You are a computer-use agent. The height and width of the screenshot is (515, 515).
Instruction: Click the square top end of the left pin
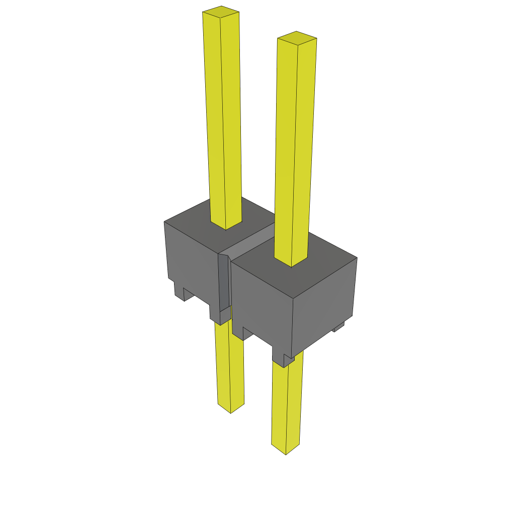click(221, 13)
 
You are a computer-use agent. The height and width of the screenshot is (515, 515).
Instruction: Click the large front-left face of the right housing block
click(262, 302)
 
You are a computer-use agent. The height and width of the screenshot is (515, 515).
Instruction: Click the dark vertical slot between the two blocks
click(224, 282)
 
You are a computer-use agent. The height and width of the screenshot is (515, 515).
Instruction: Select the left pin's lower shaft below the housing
click(229, 367)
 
